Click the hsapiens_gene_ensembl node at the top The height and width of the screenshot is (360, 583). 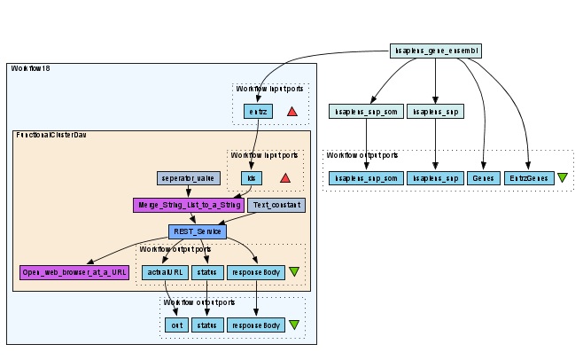pos(435,51)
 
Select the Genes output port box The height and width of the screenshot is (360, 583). pos(486,178)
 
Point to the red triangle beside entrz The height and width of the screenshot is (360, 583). pos(292,111)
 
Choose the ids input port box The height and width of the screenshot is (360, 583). pos(252,177)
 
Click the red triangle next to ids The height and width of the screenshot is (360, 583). pos(285,177)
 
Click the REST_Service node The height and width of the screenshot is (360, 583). pos(197,231)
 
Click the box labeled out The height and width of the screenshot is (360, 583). pos(175,325)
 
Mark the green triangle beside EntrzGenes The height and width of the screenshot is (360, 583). pos(563,178)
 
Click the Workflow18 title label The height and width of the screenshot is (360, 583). pos(30,69)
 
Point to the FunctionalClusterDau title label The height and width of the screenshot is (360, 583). pos(56,135)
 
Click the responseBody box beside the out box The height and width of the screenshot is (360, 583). pos(256,325)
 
